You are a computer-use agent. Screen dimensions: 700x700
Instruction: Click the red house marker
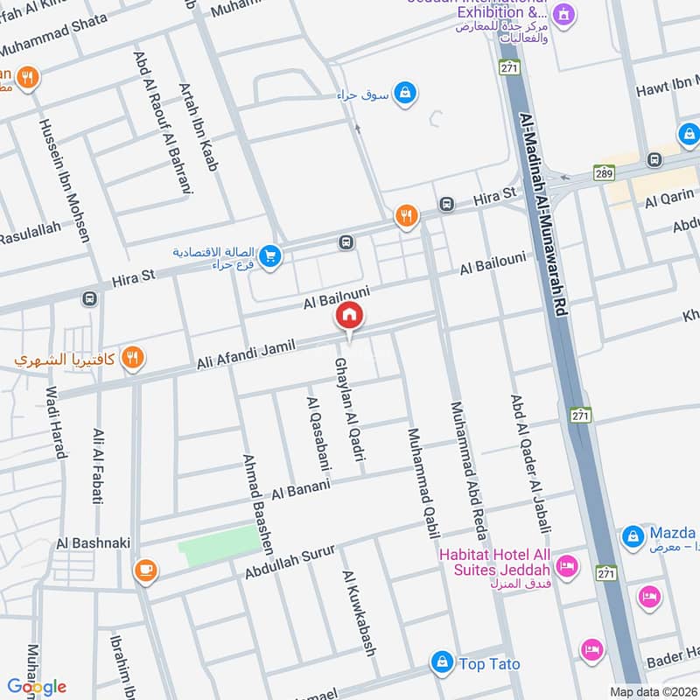[349, 315]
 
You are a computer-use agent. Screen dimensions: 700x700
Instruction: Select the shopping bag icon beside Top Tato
[443, 661]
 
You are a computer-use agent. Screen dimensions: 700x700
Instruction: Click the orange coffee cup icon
[145, 570]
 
